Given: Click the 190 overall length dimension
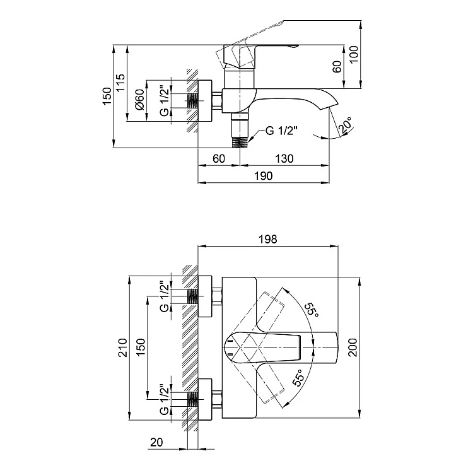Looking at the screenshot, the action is [264, 176].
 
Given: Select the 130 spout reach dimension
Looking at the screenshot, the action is [284, 159].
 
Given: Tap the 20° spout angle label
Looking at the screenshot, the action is [346, 125].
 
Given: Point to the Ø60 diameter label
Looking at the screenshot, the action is [139, 100].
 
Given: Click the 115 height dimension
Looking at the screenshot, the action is [120, 83].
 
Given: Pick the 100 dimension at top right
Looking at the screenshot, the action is [354, 54].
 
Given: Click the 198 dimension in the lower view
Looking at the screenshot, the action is [268, 239].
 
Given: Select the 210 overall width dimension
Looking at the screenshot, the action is [122, 347].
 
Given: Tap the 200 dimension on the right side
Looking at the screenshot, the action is [353, 347].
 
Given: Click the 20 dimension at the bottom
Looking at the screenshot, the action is [156, 442].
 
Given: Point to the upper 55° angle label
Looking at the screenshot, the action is [311, 310].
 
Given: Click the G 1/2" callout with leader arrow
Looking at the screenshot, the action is [281, 131].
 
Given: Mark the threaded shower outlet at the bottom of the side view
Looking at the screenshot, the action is [240, 143].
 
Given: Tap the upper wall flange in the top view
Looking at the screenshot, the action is [205, 296].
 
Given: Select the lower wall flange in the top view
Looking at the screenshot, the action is [205, 399].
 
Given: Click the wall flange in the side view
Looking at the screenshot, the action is [205, 100].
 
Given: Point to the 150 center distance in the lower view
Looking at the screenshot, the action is [141, 347].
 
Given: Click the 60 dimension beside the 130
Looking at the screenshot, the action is [219, 159].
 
